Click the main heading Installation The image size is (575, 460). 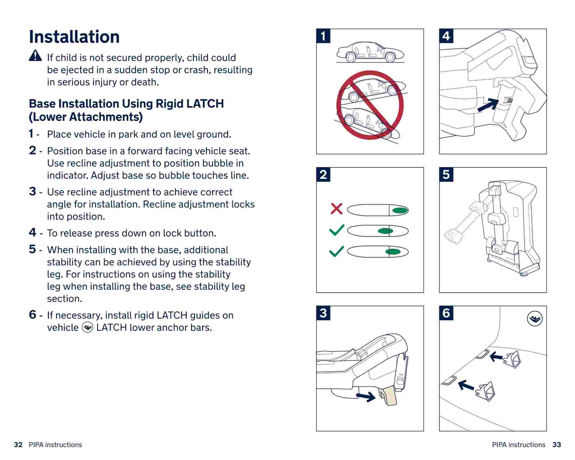74,37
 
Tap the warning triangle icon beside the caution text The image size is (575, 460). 35,55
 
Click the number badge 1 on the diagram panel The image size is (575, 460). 323,36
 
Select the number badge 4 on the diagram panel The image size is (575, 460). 446,36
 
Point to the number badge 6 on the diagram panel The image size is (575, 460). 446,313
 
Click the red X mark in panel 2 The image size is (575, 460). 336,209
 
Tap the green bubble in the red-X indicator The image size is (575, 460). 400,210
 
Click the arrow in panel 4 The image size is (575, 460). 488,105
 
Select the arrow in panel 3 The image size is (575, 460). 366,397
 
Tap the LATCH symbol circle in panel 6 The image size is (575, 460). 535,319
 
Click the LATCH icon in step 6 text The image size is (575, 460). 87,327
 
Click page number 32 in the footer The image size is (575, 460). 18,445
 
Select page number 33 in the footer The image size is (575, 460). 557,445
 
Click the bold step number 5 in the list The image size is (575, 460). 32,249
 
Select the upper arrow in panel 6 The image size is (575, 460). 496,357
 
